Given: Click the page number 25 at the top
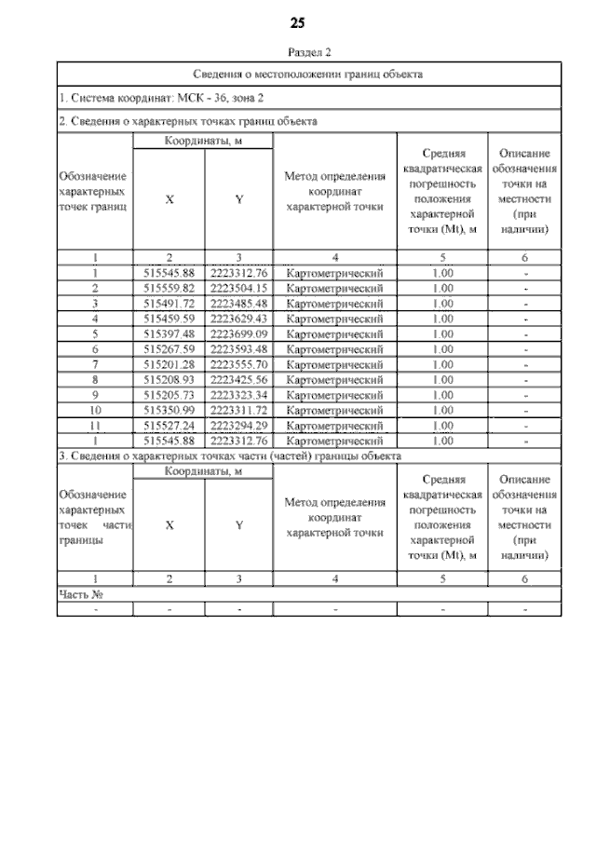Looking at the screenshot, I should pyautogui.click(x=298, y=22).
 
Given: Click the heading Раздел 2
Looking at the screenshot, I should pyautogui.click(x=298, y=52).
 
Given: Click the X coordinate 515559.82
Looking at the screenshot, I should pyautogui.click(x=169, y=288).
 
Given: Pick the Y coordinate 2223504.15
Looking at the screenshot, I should pyautogui.click(x=238, y=288).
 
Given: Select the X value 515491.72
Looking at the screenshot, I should pyautogui.click(x=169, y=304).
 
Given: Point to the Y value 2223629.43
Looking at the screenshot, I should pyautogui.click(x=238, y=319).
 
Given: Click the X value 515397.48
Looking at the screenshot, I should pyautogui.click(x=169, y=333).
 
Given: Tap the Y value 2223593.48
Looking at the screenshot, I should pyautogui.click(x=238, y=349).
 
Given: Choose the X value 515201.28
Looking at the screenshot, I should pyautogui.click(x=169, y=364).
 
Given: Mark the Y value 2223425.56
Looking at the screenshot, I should pyautogui.click(x=238, y=380).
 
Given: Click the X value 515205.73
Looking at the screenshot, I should pyautogui.click(x=169, y=395).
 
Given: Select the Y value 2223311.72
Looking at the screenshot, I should pyautogui.click(x=238, y=410).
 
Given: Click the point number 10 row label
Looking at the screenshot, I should pyautogui.click(x=95, y=410).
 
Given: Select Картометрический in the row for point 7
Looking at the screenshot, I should pyautogui.click(x=334, y=364).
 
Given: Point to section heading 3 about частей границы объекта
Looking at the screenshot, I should pyautogui.click(x=229, y=456).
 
